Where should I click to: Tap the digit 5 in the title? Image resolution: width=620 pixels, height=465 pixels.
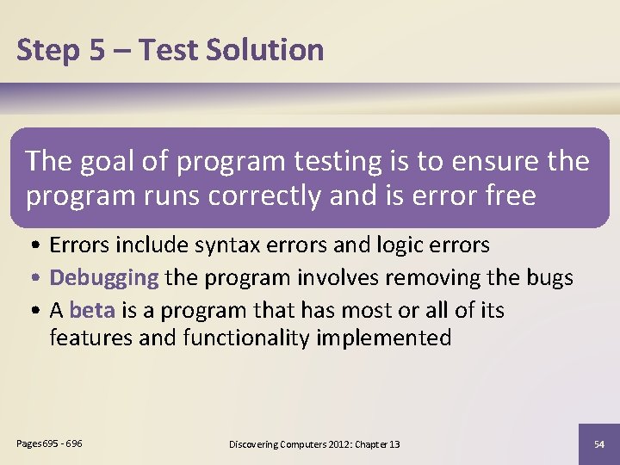tap(96, 50)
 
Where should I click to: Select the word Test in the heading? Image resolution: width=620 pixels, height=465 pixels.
tap(167, 50)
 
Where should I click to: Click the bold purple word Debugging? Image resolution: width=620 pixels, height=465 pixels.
tap(104, 277)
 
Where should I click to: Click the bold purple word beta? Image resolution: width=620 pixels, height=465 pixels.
tap(92, 309)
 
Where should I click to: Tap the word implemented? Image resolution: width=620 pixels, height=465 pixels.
tap(384, 338)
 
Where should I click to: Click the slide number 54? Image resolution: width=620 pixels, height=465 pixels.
tap(599, 443)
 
